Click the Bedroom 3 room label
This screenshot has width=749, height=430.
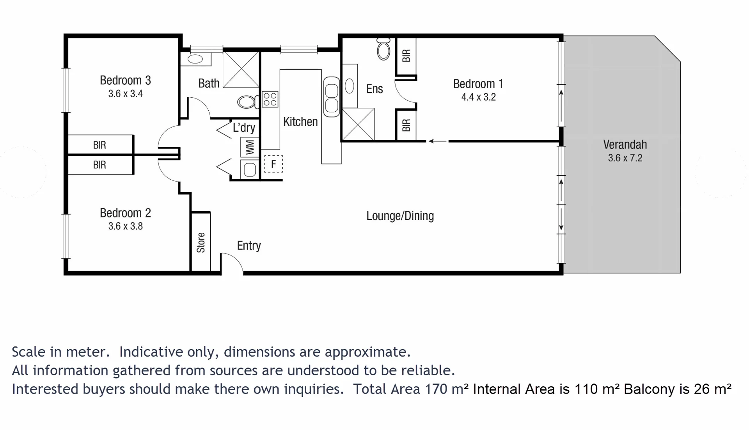125,80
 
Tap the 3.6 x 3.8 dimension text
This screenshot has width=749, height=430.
125,226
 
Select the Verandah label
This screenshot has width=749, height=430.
625,145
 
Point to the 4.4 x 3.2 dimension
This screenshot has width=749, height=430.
478,97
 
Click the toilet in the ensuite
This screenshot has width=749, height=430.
383,49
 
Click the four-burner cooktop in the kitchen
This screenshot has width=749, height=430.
270,99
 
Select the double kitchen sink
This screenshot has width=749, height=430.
332,97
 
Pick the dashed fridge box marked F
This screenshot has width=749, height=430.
273,164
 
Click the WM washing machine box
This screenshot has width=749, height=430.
250,147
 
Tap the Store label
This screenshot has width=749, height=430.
201,243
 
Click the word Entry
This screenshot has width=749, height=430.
249,246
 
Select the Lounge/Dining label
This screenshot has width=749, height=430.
400,216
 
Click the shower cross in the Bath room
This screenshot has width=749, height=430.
241,70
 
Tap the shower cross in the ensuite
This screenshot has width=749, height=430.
358,125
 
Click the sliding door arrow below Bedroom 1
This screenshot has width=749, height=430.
437,141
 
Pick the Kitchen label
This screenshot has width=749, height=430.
300,122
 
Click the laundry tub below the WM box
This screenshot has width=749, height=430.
250,170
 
